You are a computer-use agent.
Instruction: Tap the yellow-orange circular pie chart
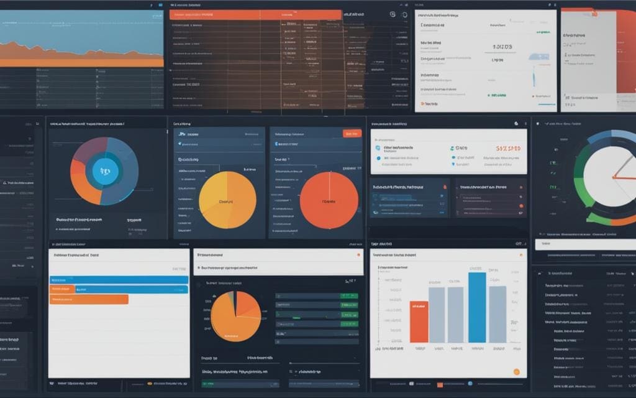pos(227,200)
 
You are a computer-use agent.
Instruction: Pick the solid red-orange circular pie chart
pos(329,200)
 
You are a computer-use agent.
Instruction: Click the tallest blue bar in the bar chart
pos(477,307)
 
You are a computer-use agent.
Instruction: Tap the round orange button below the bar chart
pos(516,371)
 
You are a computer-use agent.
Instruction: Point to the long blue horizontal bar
pos(119,280)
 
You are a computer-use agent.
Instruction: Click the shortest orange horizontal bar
pos(62,289)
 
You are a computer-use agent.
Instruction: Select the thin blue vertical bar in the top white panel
pos(533,75)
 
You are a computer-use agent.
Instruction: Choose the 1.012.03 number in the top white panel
pos(502,46)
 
